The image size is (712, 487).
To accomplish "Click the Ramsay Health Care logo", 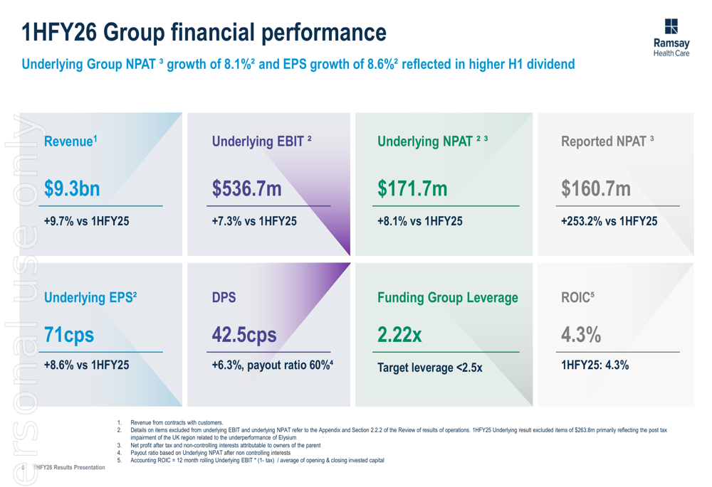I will tap(671, 38).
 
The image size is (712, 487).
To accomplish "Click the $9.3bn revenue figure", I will tap(72, 189).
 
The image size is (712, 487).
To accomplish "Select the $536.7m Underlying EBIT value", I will tap(247, 189).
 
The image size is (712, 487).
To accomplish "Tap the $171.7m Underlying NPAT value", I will tap(412, 189).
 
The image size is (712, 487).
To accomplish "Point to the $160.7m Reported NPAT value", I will tap(596, 189).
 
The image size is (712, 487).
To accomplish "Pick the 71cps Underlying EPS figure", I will tap(69, 334).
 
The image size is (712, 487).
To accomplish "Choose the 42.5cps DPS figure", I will tap(244, 334).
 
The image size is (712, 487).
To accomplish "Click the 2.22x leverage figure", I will tap(399, 334).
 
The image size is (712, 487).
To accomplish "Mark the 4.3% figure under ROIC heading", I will tap(581, 334).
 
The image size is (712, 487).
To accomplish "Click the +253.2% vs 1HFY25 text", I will tap(609, 221).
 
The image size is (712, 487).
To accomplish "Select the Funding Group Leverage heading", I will tap(448, 298).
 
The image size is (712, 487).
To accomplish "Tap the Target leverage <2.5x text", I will tap(429, 368).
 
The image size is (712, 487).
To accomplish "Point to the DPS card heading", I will tap(224, 298).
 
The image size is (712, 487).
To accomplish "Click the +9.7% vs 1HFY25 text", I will tap(87, 221).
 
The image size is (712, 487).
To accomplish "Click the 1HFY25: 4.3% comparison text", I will tap(595, 365).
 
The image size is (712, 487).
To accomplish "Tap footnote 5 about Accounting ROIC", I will tap(256, 460).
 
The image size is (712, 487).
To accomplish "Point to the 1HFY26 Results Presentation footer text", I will tap(68, 467).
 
